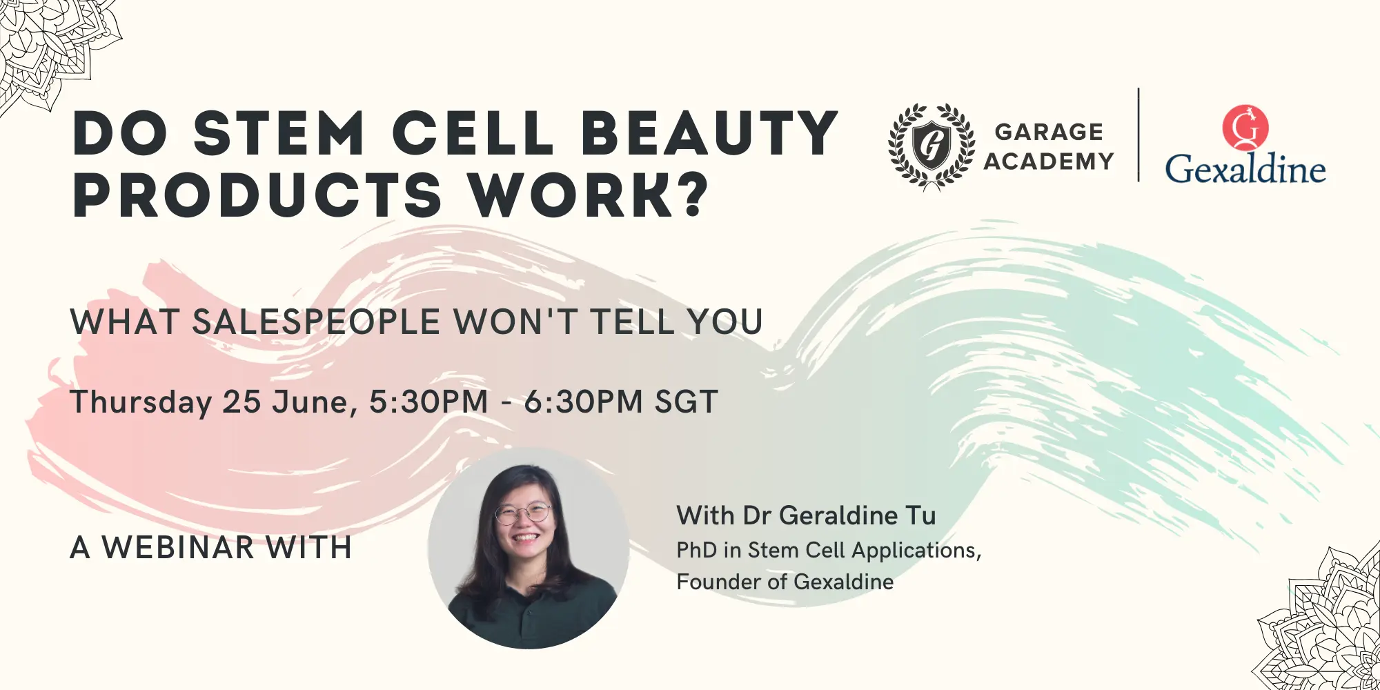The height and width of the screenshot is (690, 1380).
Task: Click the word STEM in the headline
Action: [x=279, y=132]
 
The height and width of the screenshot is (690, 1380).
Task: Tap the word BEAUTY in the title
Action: [x=710, y=132]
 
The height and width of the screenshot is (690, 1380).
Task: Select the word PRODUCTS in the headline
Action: [x=257, y=195]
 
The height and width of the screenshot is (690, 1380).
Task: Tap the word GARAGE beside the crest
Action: [x=1049, y=131]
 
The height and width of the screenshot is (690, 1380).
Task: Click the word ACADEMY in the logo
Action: [x=1049, y=161]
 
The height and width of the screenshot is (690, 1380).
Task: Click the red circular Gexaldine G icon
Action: [x=1245, y=128]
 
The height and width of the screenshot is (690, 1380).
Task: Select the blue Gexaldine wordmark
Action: [x=1245, y=169]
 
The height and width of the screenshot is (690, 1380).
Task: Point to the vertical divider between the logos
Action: [x=1138, y=135]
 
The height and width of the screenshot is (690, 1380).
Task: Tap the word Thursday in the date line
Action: [x=141, y=402]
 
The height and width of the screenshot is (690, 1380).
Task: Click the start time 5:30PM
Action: [x=428, y=402]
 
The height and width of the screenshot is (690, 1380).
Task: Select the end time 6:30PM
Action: [x=584, y=402]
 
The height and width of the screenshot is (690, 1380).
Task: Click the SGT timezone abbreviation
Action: [x=687, y=402]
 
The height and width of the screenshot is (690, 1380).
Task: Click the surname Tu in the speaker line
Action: [x=921, y=515]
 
